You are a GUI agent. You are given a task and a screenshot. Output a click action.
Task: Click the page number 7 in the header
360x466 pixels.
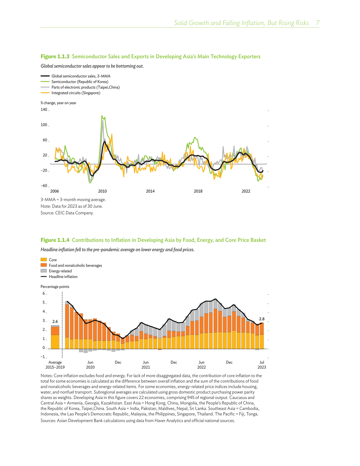click(x=317, y=23)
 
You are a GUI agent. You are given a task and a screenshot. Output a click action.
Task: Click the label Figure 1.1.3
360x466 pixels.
click(x=55, y=56)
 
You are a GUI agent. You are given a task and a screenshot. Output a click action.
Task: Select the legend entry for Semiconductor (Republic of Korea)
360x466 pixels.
click(x=80, y=82)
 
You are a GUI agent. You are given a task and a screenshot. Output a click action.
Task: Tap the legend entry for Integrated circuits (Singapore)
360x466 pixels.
click(x=76, y=93)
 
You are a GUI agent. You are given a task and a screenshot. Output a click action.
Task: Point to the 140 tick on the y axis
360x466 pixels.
click(x=44, y=110)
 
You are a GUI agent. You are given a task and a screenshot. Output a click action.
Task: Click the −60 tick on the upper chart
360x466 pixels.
click(x=44, y=186)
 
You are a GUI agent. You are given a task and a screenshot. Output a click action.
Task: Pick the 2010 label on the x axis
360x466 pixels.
click(x=102, y=191)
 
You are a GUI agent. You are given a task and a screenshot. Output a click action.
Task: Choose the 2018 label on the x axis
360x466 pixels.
click(x=198, y=191)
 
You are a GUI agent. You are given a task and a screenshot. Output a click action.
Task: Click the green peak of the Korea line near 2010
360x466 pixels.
click(x=102, y=116)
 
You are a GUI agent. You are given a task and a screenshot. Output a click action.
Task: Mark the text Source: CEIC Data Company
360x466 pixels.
click(x=67, y=213)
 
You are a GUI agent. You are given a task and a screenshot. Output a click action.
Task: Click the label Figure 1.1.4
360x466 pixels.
click(x=55, y=240)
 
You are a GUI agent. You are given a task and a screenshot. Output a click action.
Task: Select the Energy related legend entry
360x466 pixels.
click(x=60, y=271)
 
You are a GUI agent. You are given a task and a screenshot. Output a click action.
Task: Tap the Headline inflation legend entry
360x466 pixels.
click(x=63, y=277)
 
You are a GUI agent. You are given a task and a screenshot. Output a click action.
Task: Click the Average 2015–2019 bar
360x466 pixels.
click(x=55, y=338)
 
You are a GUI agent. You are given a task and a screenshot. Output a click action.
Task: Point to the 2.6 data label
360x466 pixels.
click(x=55, y=322)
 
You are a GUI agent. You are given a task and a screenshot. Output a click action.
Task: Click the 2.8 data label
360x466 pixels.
click(x=262, y=319)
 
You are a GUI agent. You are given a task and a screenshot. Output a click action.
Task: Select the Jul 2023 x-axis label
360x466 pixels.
click(x=262, y=365)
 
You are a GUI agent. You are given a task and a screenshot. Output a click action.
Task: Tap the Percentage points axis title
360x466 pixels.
click(x=55, y=287)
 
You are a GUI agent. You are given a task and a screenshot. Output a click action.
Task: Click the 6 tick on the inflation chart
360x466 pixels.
click(x=44, y=294)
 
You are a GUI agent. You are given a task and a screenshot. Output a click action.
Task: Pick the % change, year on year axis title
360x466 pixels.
click(x=58, y=103)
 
